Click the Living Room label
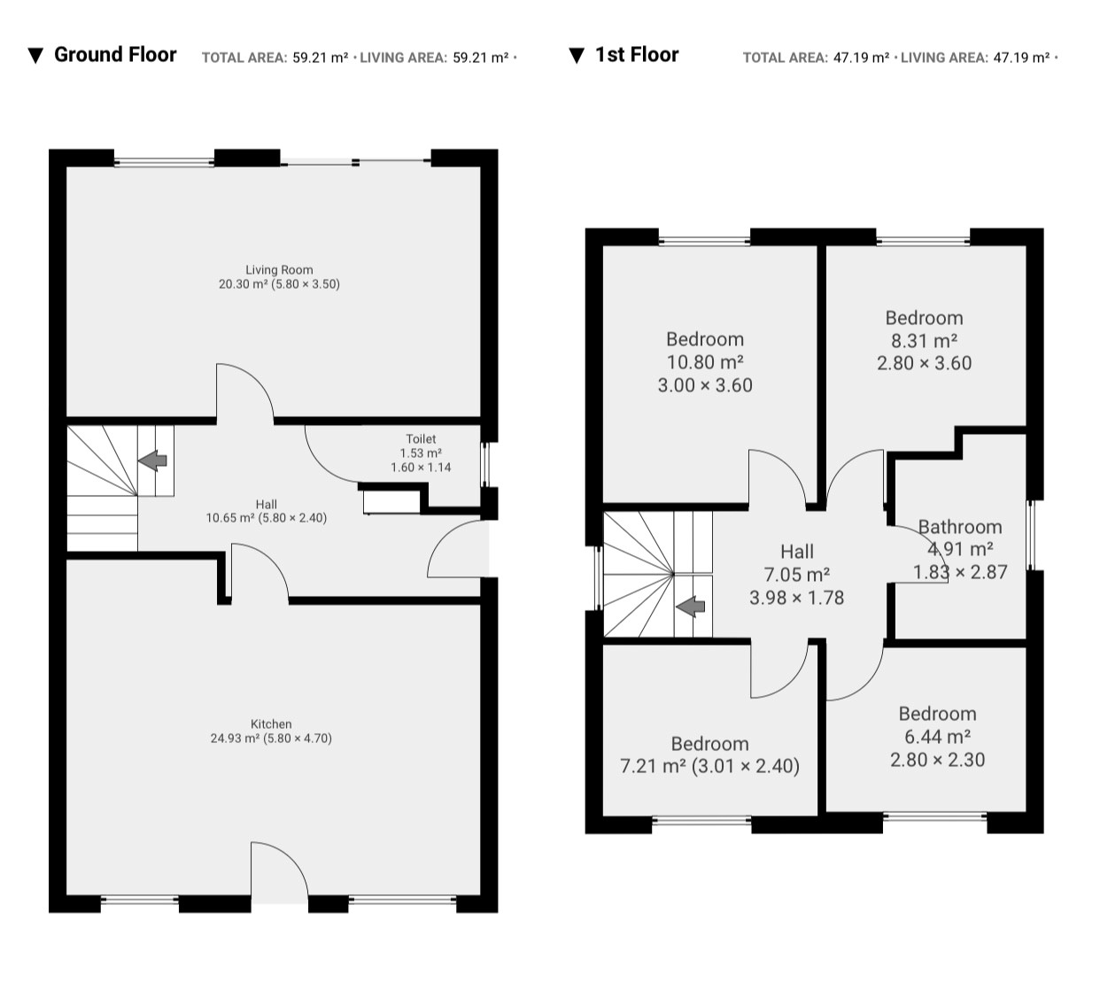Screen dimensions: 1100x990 point(279,270)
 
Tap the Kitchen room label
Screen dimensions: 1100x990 point(271,724)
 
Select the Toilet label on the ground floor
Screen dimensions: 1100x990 point(422,439)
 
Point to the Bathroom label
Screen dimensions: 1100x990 point(960,527)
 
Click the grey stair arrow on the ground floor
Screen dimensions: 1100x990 point(152,460)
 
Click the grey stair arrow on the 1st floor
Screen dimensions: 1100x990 point(691,607)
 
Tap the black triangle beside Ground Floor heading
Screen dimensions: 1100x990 point(35,56)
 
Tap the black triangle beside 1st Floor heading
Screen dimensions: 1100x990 point(577,56)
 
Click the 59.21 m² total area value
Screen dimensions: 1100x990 point(321,58)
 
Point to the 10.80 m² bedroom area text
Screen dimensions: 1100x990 point(705,362)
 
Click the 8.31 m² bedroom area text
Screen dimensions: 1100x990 point(925,341)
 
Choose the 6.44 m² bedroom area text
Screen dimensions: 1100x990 point(938,737)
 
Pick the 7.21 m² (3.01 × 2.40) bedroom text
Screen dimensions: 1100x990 point(709,766)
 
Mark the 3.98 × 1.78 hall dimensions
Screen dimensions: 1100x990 point(797,598)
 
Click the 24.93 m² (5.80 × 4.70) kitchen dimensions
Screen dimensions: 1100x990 point(271,739)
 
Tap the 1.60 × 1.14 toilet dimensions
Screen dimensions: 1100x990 point(422,468)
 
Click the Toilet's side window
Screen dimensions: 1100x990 point(484,465)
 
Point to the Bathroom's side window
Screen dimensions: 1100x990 point(1032,535)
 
